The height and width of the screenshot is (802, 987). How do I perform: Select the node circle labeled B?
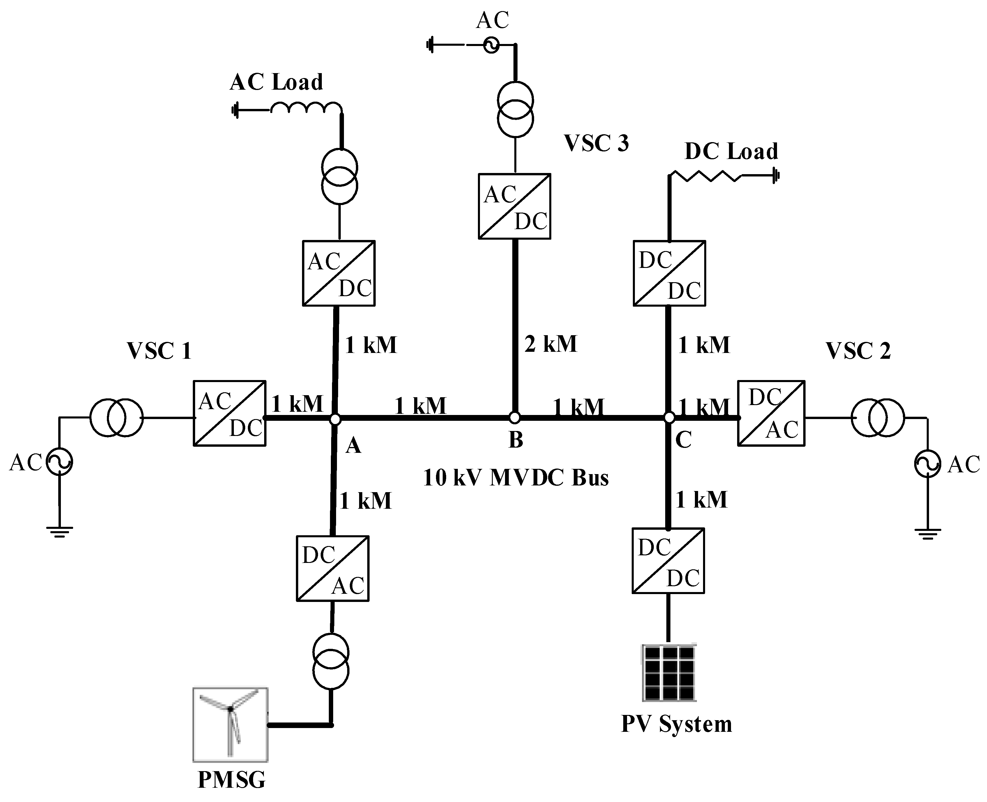[514, 418]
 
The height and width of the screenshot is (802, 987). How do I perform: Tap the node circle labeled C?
[669, 418]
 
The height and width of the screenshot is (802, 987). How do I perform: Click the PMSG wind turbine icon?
[230, 724]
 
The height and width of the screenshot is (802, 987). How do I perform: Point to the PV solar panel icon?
[669, 673]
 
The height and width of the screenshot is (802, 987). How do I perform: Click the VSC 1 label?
[159, 351]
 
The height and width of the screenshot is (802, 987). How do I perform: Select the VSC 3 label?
[596, 143]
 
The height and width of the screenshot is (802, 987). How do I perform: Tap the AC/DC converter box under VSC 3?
[514, 206]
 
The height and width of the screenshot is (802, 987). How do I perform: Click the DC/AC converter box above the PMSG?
[332, 568]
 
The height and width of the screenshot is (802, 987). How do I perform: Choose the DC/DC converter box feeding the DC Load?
[669, 273]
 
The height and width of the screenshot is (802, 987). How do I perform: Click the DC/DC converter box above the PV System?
[668, 560]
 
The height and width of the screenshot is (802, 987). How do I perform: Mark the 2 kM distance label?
[550, 344]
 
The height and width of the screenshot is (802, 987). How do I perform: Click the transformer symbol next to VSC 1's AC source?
[116, 418]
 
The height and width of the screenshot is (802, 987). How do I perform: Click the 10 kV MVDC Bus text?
[516, 478]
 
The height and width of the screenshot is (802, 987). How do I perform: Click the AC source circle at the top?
[491, 45]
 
